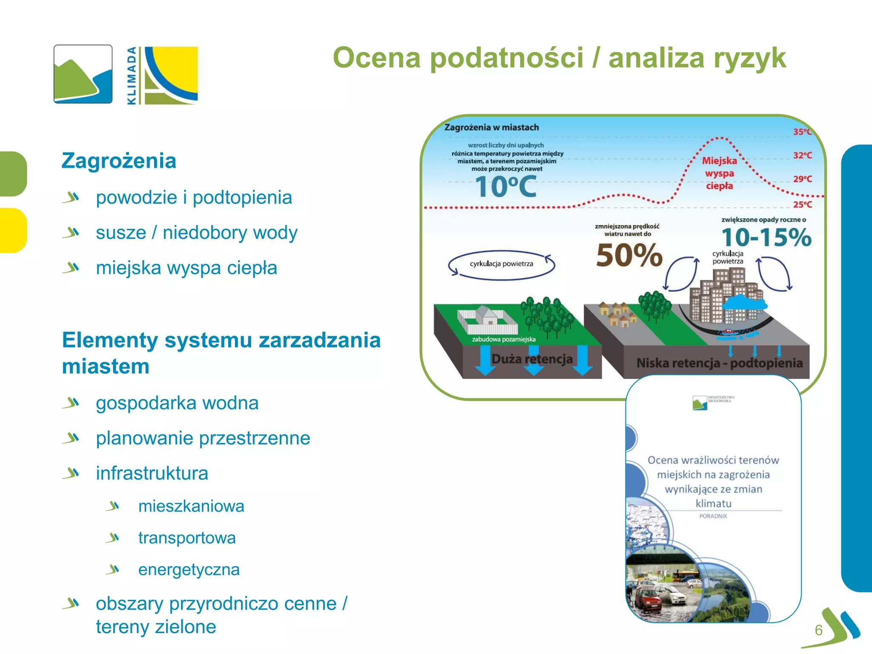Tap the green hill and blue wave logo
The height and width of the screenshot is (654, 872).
click(x=83, y=74)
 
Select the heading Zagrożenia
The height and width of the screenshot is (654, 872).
click(x=119, y=161)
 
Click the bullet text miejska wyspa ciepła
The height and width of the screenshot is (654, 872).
click(x=186, y=268)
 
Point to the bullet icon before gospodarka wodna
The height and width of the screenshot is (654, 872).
click(x=71, y=402)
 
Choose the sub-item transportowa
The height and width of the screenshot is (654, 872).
click(x=187, y=538)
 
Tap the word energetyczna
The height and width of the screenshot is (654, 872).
click(x=189, y=570)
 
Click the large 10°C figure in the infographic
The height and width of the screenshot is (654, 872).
click(x=505, y=187)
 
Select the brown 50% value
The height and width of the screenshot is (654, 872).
click(x=629, y=255)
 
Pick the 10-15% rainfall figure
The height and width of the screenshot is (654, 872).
click(x=766, y=238)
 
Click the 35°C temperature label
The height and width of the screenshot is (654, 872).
click(x=802, y=132)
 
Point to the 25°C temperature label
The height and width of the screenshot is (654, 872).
click(x=802, y=205)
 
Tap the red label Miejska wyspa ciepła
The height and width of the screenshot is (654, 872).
click(x=720, y=173)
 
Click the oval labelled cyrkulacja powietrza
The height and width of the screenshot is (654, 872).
click(x=501, y=264)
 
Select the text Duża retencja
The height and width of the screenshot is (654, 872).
click(x=532, y=359)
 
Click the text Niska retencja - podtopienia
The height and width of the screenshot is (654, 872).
click(x=719, y=363)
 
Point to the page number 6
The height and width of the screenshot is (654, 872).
click(x=818, y=630)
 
